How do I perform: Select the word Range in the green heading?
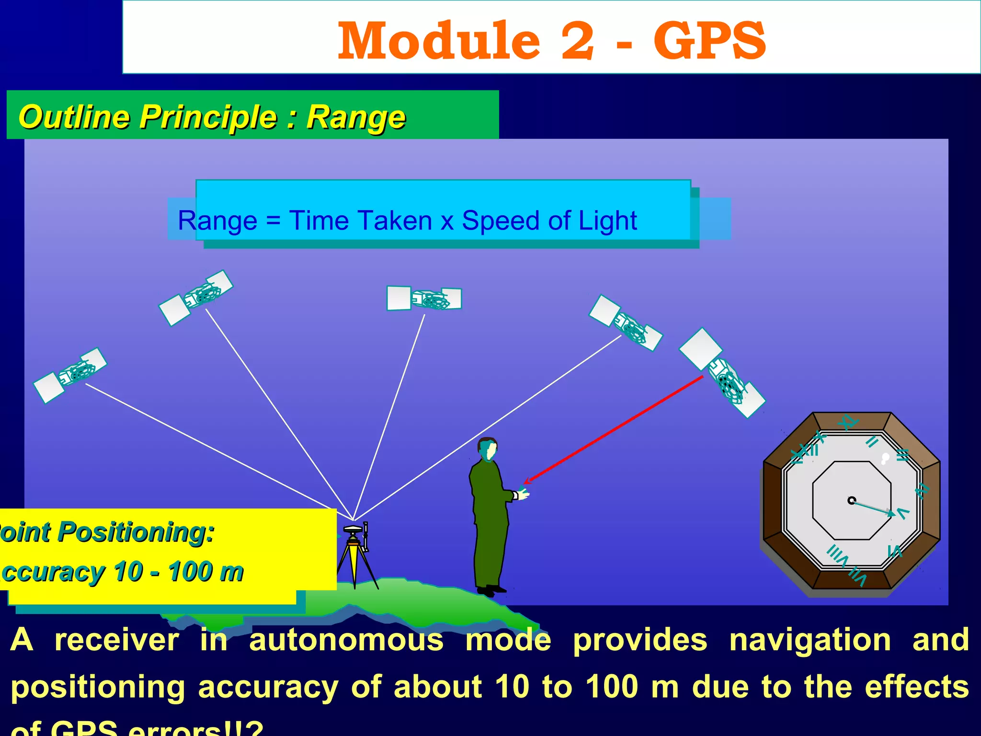click(x=356, y=117)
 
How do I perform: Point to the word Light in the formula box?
click(x=607, y=221)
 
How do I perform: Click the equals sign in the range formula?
click(x=273, y=221)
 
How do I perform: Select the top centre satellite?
click(x=424, y=299)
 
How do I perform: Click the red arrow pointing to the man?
click(x=613, y=429)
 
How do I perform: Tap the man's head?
click(x=488, y=449)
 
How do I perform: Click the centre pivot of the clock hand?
click(x=851, y=500)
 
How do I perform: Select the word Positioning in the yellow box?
click(x=137, y=532)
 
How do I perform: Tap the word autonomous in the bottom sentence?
click(x=346, y=640)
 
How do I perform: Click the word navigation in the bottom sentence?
click(x=810, y=640)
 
